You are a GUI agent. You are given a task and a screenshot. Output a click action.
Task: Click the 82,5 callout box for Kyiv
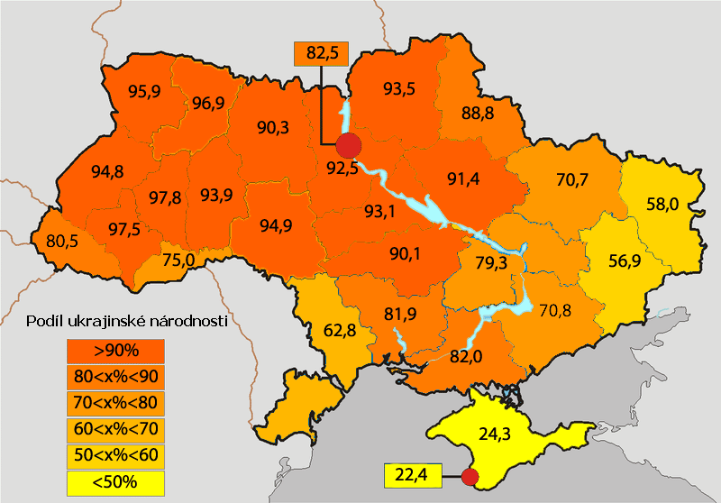[x=322, y=54]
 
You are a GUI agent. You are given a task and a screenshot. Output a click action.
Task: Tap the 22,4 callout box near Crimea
[x=411, y=474]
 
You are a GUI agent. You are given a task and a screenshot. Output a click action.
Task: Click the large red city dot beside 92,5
[x=348, y=144]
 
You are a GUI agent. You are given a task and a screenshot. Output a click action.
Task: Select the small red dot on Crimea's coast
[x=468, y=475]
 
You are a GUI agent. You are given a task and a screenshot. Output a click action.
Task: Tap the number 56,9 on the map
[x=625, y=261]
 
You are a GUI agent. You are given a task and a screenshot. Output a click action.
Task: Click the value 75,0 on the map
[x=178, y=261]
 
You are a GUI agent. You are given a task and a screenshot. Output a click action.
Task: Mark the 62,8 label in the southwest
[x=339, y=330]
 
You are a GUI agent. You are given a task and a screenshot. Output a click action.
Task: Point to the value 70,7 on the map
[x=571, y=180]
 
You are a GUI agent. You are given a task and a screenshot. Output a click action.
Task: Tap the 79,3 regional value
[x=479, y=262]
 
